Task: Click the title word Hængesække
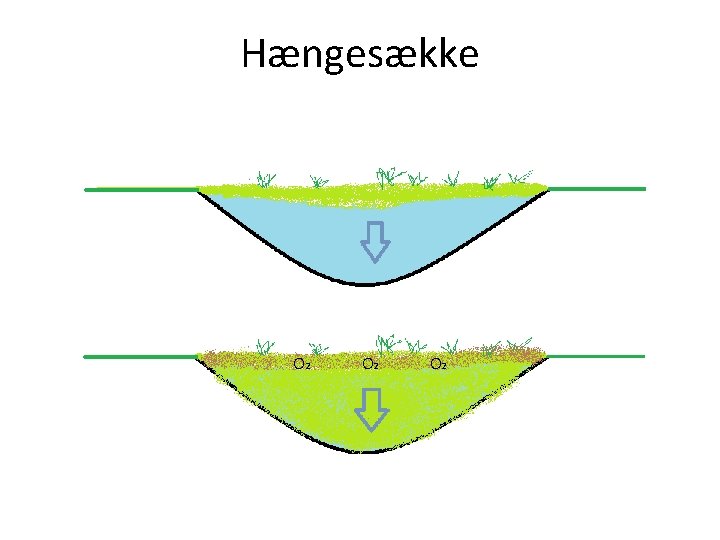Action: coord(360,55)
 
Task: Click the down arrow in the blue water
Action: coord(374,241)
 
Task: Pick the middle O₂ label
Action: coord(370,363)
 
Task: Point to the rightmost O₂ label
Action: coord(438,363)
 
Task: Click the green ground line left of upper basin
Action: coord(140,189)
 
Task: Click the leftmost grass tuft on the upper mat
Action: coord(265,180)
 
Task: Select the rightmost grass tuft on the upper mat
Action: coord(522,177)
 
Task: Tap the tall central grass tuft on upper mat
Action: coord(385,176)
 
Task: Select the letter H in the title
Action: coord(254,55)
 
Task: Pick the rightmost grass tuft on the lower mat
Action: coord(522,345)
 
